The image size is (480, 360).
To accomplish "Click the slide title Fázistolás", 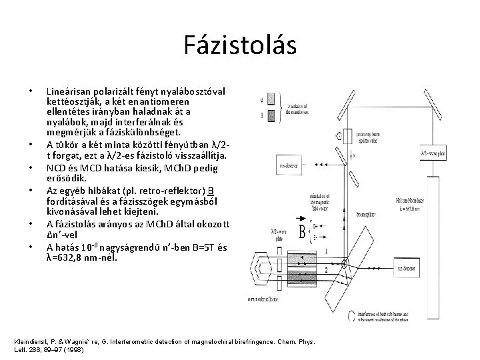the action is [x=240, y=45].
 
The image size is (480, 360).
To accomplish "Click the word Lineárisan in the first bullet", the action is [x=68, y=89].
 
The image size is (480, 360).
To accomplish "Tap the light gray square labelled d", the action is [x=271, y=99].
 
